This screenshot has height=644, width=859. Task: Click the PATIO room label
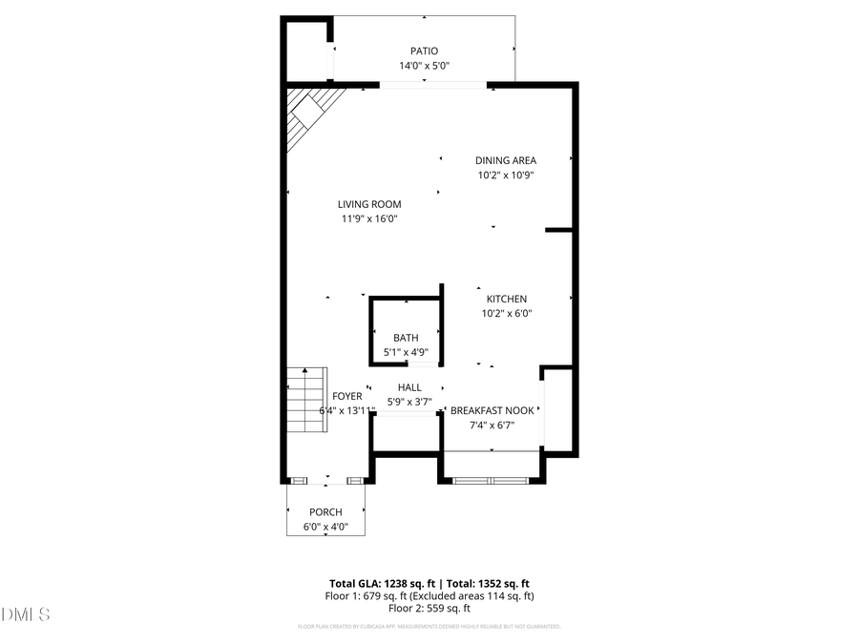coord(424,52)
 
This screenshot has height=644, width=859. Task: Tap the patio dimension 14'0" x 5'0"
coord(424,66)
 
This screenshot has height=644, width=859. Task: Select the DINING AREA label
coord(506,160)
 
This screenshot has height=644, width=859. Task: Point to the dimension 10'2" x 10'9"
coord(506,175)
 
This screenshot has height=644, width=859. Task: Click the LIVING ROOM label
coord(368,203)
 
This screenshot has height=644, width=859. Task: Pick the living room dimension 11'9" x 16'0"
coord(368,218)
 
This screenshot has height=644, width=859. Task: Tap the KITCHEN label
coord(506,299)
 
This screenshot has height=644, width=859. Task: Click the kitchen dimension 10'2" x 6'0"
coord(506,313)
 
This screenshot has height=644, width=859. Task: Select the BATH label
coord(406,338)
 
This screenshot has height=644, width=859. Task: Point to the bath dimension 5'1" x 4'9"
coord(406,352)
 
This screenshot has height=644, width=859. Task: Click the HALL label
coord(409,387)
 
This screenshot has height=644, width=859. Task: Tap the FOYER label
coord(346,396)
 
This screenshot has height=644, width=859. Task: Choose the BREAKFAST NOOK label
coord(492,410)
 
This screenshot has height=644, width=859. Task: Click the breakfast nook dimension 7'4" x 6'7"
coord(492,425)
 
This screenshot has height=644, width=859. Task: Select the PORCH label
coord(325,512)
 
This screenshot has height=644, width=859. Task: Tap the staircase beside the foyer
coord(306,401)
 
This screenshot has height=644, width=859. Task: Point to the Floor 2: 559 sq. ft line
coord(429,608)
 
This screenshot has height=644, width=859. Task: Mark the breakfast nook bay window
coord(491,480)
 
